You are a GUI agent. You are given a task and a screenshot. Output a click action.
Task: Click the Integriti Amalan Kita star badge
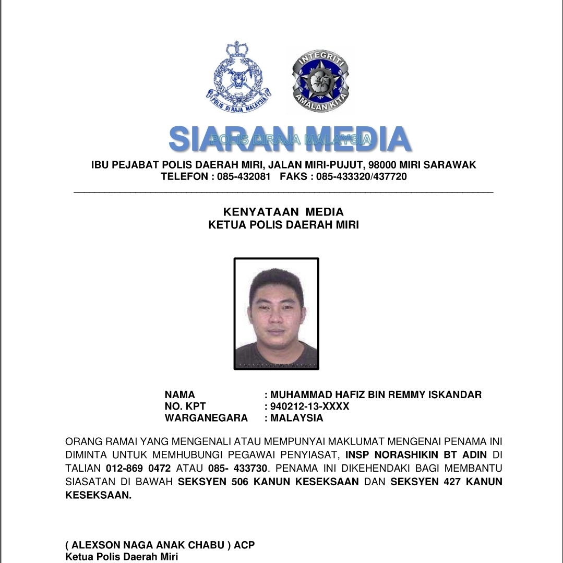pyautogui.click(x=320, y=79)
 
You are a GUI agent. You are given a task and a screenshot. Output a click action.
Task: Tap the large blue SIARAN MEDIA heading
pyautogui.click(x=289, y=139)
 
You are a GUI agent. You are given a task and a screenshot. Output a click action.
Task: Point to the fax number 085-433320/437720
pyautogui.click(x=361, y=177)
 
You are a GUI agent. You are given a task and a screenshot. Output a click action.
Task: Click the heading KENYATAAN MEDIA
pyautogui.click(x=283, y=212)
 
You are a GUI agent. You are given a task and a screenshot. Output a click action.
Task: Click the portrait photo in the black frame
pyautogui.click(x=276, y=314)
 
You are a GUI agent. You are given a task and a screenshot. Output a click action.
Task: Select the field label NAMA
pyautogui.click(x=179, y=395)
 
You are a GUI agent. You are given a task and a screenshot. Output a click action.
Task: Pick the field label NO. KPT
pyautogui.click(x=185, y=406)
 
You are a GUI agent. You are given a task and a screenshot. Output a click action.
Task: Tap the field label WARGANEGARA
pyautogui.click(x=206, y=418)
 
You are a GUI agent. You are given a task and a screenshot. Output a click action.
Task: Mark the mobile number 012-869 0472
pyautogui.click(x=138, y=469)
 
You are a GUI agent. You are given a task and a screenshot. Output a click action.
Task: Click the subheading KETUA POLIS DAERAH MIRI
pyautogui.click(x=283, y=225)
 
